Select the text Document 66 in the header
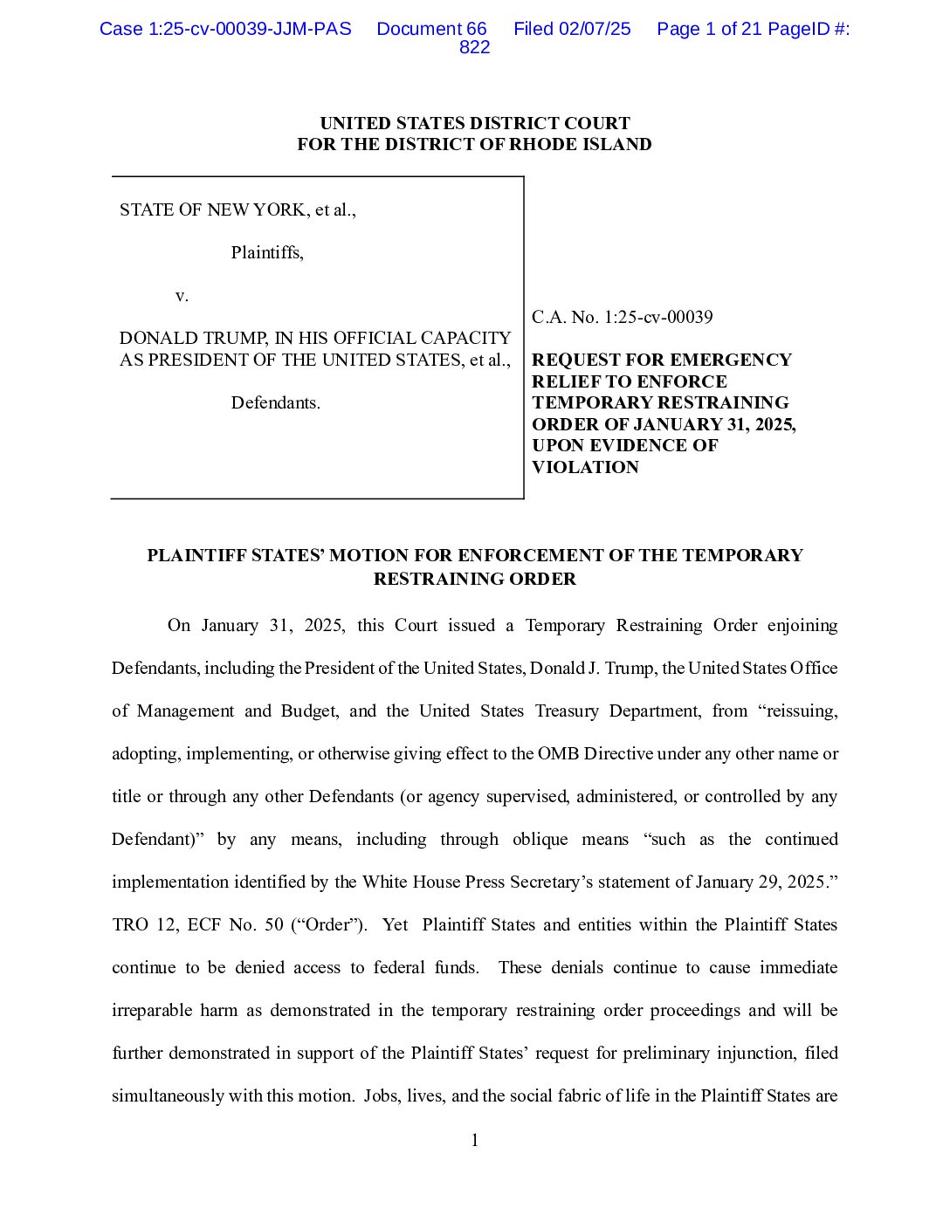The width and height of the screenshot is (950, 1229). tap(431, 29)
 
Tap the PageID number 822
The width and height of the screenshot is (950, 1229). tap(474, 48)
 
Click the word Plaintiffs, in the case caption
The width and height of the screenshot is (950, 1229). tap(267, 253)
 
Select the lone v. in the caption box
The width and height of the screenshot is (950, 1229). tap(182, 296)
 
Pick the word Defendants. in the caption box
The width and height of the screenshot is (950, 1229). tap(275, 403)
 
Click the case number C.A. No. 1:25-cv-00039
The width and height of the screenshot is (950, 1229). tap(622, 317)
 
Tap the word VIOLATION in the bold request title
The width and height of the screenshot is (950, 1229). tap(585, 467)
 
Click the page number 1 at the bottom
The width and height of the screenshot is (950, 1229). tap(475, 1140)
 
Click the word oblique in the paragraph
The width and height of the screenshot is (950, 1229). tap(540, 839)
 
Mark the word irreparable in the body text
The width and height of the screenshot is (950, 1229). tap(152, 1010)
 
